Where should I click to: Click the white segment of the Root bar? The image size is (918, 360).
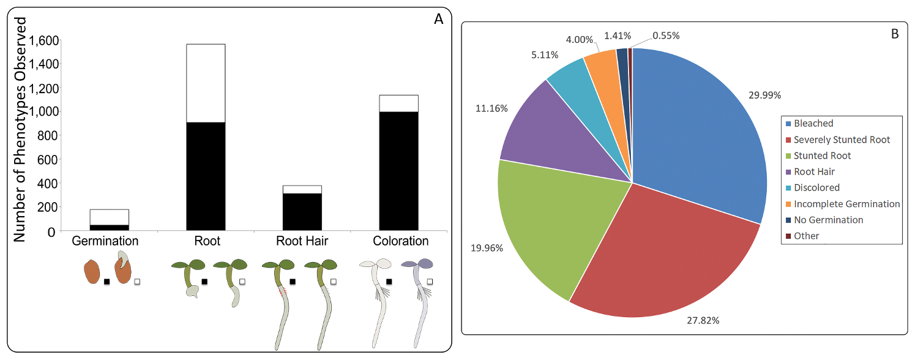pos(206,83)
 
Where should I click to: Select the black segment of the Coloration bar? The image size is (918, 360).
pos(398,171)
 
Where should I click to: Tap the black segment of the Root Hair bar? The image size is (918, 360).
pos(302,211)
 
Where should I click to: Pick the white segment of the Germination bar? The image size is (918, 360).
pos(109,217)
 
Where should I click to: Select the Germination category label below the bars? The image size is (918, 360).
pos(105,241)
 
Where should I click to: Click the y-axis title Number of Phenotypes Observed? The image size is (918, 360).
pos(20,129)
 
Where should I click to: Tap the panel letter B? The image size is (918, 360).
pos(894,34)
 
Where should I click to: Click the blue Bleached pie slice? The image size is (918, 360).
pos(698,135)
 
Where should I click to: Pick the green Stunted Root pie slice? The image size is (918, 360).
pos(551,220)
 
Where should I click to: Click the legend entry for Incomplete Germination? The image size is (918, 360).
pos(846,204)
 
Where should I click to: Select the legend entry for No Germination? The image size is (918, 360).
pos(828,220)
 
